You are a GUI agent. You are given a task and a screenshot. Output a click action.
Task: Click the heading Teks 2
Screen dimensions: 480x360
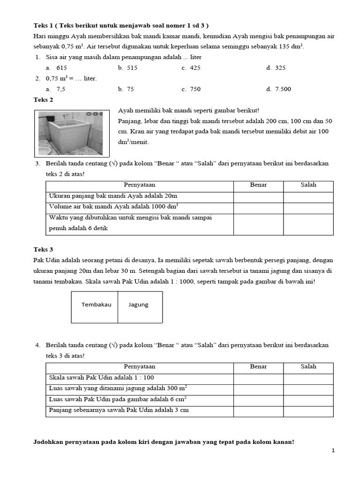click(44, 100)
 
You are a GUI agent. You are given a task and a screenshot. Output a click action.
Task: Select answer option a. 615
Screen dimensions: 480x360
click(56, 68)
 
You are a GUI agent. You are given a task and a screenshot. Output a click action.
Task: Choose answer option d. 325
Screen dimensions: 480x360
click(276, 68)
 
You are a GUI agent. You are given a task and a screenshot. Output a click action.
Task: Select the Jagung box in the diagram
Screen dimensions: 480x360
click(139, 305)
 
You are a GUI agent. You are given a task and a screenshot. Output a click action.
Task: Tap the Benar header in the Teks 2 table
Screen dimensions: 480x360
click(258, 185)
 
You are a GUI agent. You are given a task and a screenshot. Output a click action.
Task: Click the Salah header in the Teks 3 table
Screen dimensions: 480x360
click(308, 367)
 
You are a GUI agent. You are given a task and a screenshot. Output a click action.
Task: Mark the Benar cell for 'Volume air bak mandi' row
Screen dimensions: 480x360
click(258, 207)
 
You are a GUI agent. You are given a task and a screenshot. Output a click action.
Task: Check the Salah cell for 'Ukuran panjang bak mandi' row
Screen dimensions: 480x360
click(308, 196)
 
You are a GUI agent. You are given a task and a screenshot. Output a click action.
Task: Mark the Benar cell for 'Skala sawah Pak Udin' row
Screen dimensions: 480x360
click(258, 378)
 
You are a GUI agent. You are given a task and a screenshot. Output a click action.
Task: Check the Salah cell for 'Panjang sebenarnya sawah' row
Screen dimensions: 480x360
click(308, 411)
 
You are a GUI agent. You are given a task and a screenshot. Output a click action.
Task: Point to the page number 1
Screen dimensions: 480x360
click(333, 450)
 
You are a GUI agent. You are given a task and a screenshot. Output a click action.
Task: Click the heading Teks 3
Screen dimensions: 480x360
click(44, 249)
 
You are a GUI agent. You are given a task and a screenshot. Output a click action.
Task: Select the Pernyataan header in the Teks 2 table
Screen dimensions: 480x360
click(139, 185)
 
